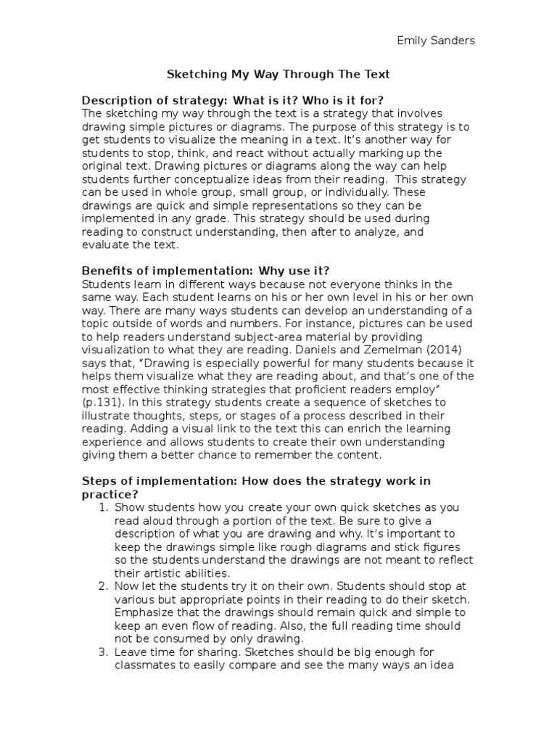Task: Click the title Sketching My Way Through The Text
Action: coord(278,74)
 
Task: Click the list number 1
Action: coord(102,507)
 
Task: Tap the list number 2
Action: coord(102,586)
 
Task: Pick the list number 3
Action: coord(102,652)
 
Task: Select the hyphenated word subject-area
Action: coord(228,335)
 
